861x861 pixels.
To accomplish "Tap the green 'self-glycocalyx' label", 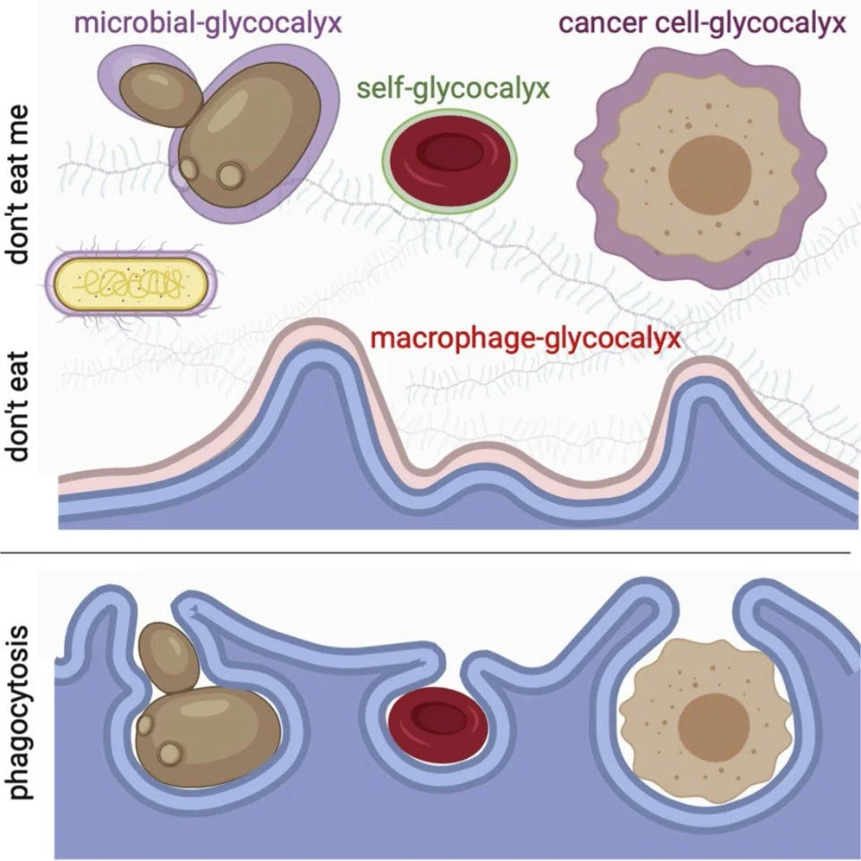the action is [x=452, y=87].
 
